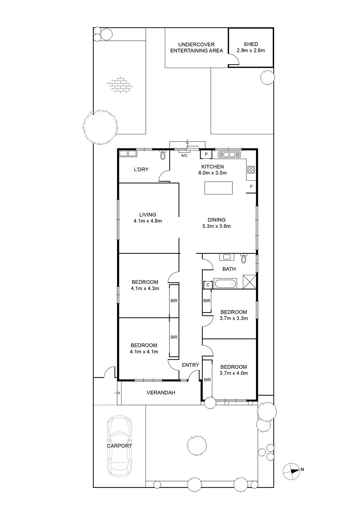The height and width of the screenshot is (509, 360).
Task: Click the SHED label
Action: pos(251,44)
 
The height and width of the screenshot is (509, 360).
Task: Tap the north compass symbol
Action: pos(292,471)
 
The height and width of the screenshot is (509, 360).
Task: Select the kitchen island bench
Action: pos(218,188)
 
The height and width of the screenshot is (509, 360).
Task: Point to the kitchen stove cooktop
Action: pos(251,170)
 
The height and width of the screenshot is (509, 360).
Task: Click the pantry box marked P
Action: pos(206,154)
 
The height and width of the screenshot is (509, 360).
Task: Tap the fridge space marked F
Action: pos(251,187)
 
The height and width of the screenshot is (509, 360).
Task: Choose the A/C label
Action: pos(184,156)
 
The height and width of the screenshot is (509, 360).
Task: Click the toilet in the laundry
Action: pos(163,155)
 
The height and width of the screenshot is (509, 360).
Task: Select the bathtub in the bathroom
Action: pos(226,284)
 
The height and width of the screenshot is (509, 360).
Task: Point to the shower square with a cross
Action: pos(250,282)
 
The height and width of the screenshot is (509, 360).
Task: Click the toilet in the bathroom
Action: pos(244,258)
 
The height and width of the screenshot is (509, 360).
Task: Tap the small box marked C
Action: pos(208,285)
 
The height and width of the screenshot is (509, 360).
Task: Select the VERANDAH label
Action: pos(161,393)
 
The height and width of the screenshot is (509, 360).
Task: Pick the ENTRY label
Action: pos(190,365)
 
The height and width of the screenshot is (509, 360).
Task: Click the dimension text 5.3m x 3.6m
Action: pos(216,226)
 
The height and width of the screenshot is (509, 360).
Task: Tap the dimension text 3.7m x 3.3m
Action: pos(234,318)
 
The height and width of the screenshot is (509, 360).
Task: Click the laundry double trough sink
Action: pos(128,154)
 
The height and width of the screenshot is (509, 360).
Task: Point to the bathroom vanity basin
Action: pos(227,257)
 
